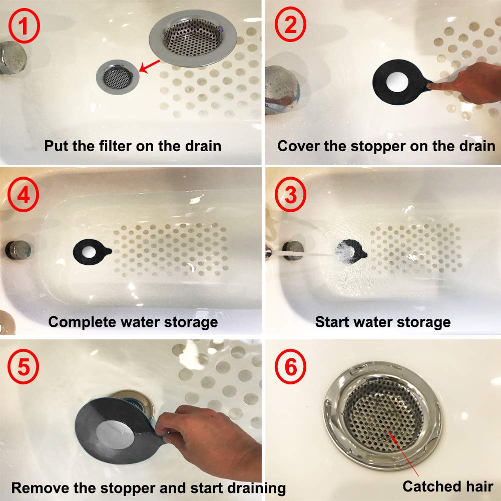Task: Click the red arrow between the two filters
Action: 150,66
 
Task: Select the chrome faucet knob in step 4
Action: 18,249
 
